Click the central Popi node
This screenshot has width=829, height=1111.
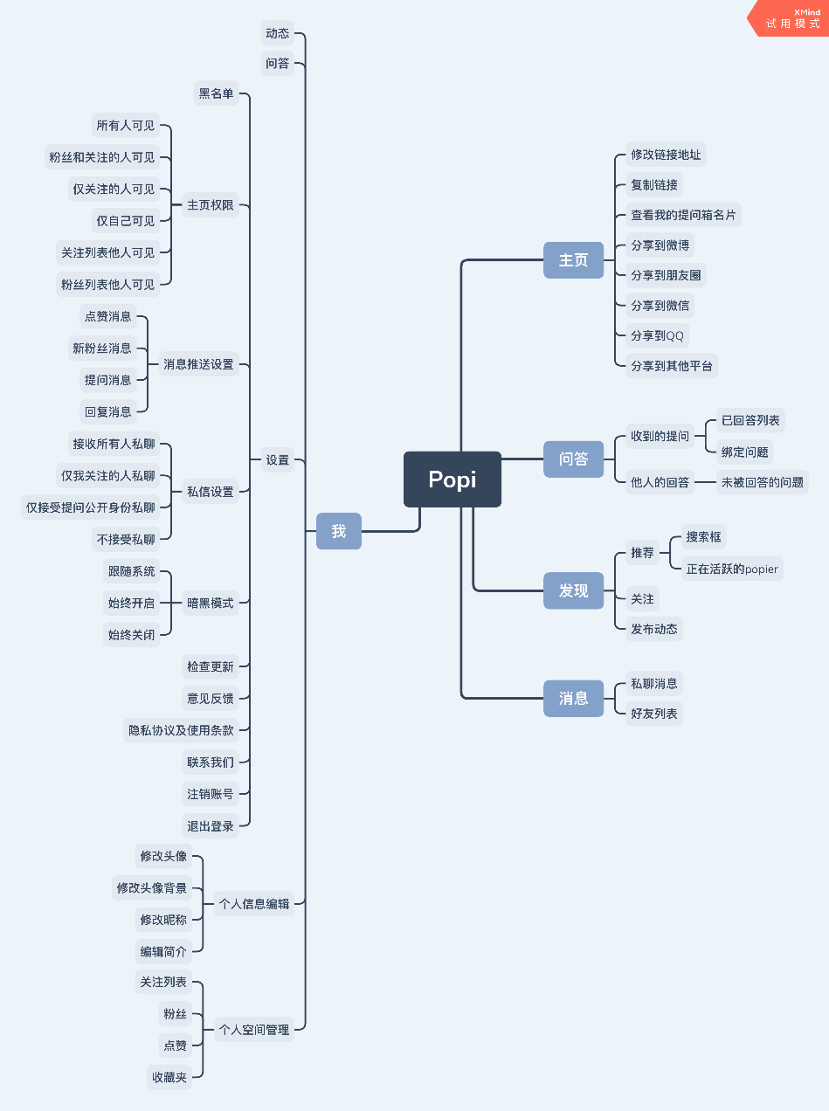pos(452,480)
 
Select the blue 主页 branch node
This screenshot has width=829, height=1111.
pos(573,260)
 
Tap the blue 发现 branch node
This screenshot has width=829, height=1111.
pos(573,590)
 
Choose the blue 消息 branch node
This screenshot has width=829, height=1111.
pos(573,698)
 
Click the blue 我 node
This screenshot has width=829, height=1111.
pos(338,531)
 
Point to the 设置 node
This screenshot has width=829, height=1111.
pos(278,459)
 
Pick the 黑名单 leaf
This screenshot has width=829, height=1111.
pos(216,93)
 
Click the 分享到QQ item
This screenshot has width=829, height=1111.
pos(657,335)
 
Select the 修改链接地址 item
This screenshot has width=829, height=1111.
pos(666,155)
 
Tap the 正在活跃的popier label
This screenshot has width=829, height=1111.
pos(731,569)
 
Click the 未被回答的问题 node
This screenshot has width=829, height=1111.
pos(762,481)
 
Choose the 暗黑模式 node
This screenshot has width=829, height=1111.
pos(211,603)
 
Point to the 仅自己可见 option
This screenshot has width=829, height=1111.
pos(125,221)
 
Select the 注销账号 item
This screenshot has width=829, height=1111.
pos(211,794)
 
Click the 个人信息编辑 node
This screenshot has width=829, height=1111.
pos(254,904)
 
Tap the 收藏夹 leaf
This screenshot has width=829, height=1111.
pos(169,1077)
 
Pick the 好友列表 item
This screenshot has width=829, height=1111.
pos(654,714)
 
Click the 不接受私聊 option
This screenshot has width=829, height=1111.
pos(125,539)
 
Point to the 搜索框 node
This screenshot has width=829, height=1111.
pos(703,536)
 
